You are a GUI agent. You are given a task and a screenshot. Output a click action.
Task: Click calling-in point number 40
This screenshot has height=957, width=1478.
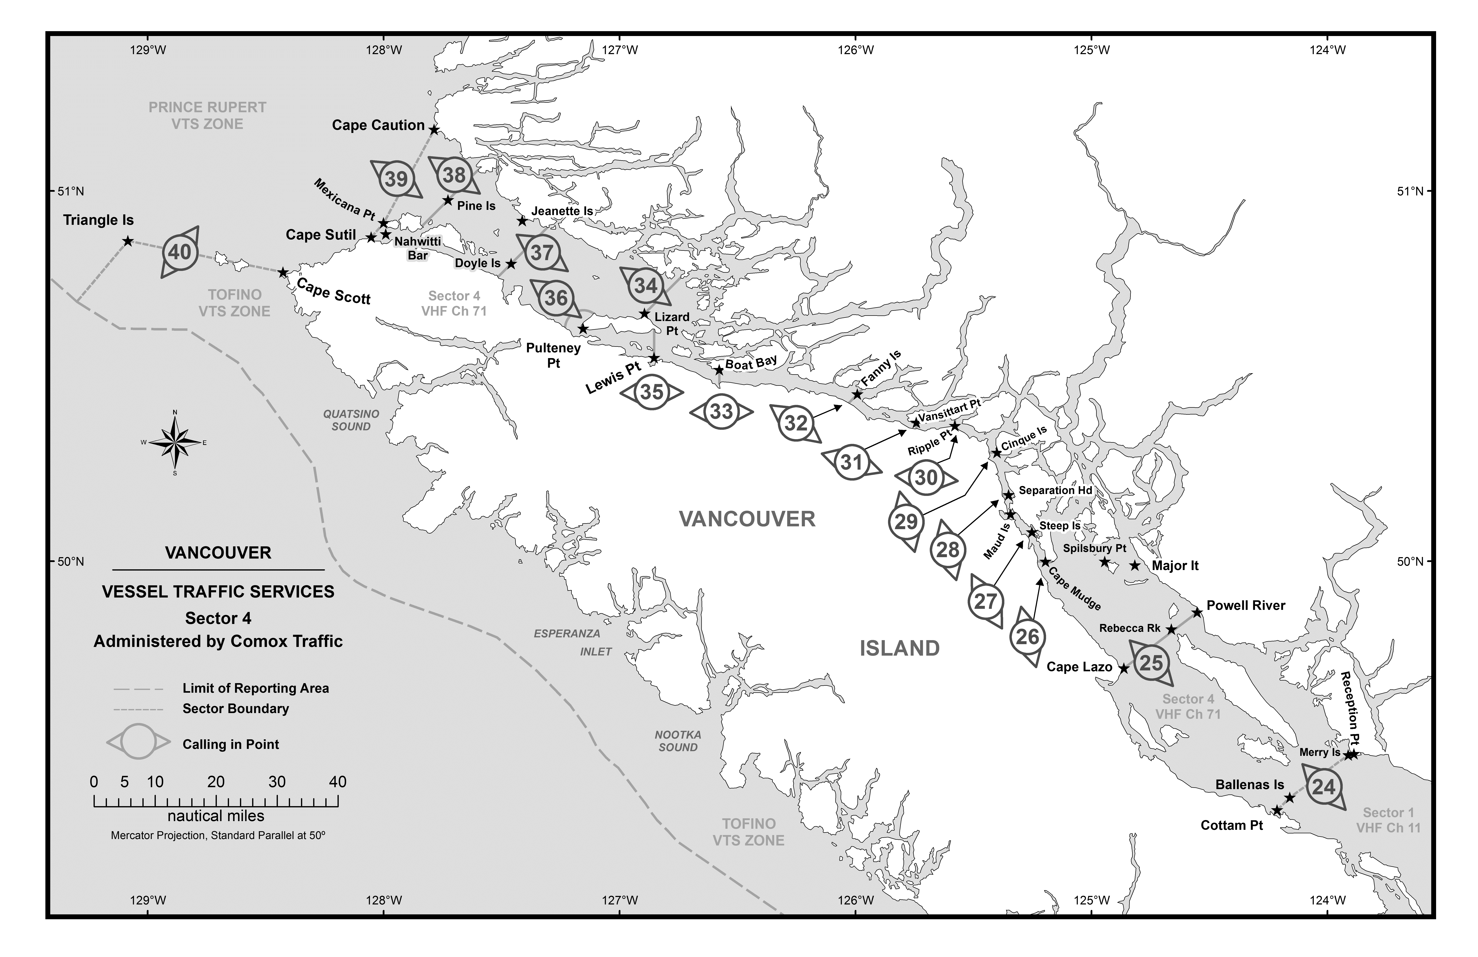tap(180, 252)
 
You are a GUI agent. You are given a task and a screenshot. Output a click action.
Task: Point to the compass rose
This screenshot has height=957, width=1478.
tap(175, 442)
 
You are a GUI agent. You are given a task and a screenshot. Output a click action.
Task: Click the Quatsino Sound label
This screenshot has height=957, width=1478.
tap(351, 420)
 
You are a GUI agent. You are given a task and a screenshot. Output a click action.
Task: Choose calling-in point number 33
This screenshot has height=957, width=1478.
tap(722, 411)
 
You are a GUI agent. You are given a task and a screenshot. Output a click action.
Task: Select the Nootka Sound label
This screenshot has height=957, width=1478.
tap(678, 741)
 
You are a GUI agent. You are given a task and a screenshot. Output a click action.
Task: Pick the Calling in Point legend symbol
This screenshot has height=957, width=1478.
tap(138, 741)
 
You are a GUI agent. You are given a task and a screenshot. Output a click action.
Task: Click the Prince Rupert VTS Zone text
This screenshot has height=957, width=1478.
tap(207, 116)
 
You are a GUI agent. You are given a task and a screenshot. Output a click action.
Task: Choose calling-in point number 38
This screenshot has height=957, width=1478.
tap(454, 175)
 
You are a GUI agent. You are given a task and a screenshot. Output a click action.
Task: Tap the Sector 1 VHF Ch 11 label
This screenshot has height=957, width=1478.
tap(1388, 820)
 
